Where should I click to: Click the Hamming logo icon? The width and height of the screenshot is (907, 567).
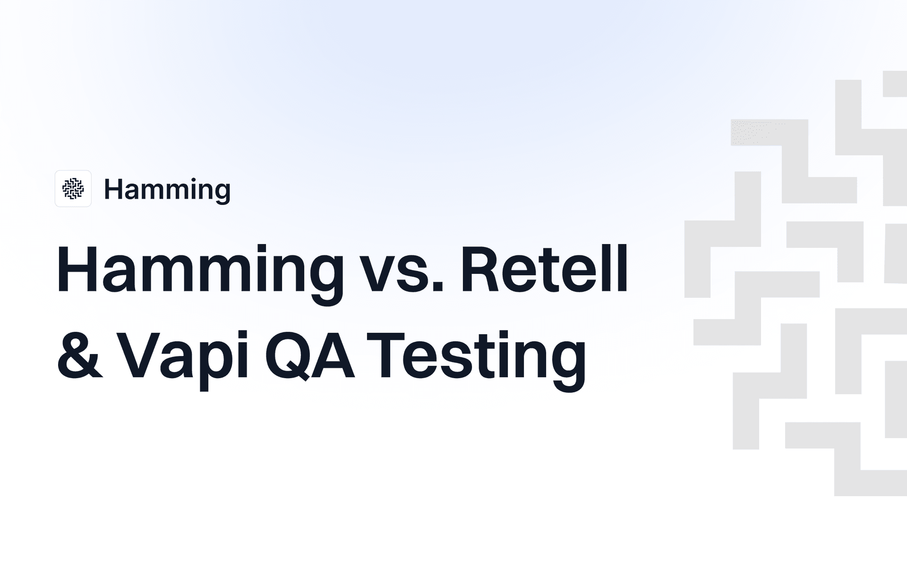point(73,189)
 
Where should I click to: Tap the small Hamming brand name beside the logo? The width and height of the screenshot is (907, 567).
point(167,190)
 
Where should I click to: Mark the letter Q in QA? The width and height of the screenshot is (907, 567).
point(288,356)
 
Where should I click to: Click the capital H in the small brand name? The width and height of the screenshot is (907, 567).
point(113,189)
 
